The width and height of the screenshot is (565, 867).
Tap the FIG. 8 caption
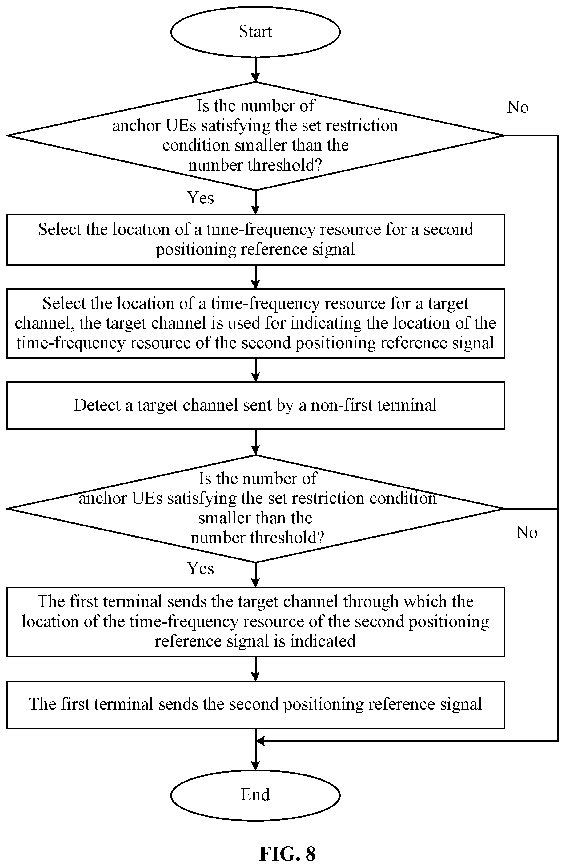pyautogui.click(x=287, y=853)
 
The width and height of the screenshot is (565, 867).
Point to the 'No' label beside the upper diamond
pyautogui.click(x=518, y=108)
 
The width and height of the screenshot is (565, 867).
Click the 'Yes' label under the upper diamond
pyautogui.click(x=200, y=198)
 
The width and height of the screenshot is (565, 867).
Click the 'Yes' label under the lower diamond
pyautogui.click(x=200, y=568)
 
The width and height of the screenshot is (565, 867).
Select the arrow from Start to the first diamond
pyautogui.click(x=256, y=69)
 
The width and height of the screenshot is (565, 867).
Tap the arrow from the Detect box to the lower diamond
pyautogui.click(x=256, y=443)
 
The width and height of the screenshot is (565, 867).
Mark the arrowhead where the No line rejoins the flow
pyautogui.click(x=260, y=741)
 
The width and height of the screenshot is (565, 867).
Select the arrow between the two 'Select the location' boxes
pyautogui.click(x=256, y=277)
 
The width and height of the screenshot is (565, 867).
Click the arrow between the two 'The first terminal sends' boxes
pyautogui.click(x=256, y=669)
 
